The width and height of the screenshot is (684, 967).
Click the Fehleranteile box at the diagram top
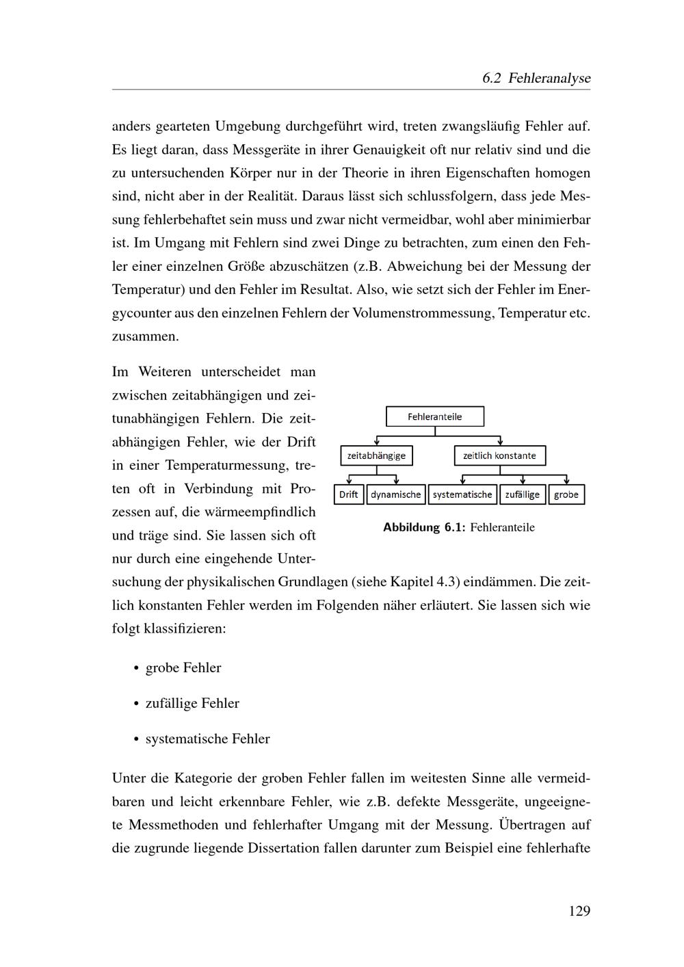435,416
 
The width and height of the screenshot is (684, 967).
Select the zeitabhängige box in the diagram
376,455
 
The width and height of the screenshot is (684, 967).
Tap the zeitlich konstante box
499,455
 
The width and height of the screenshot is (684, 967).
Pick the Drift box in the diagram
349,494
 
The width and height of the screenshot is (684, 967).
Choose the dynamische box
396,494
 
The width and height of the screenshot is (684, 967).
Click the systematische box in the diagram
462,494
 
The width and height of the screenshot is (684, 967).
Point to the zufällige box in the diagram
523,494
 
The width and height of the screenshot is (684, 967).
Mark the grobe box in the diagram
566,494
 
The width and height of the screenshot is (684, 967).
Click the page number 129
579,911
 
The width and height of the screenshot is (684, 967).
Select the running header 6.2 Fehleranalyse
536,78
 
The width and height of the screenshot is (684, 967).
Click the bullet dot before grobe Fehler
137,668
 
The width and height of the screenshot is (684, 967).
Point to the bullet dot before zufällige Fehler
137,704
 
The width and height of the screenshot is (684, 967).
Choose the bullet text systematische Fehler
207,739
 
